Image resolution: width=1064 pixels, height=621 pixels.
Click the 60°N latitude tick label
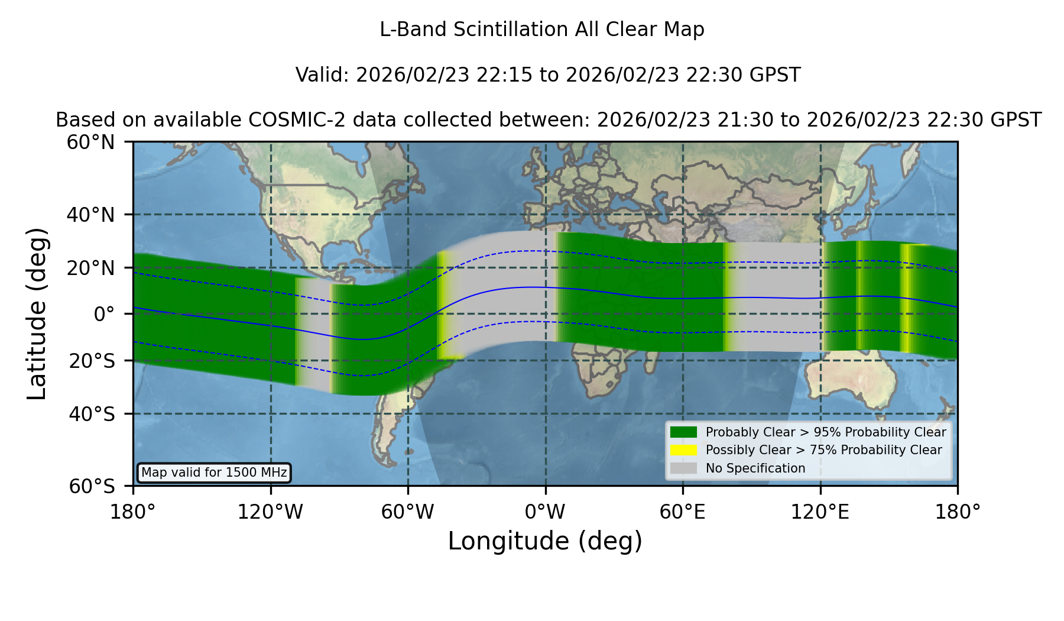(x=90, y=143)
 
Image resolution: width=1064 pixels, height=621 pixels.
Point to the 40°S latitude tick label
(x=92, y=414)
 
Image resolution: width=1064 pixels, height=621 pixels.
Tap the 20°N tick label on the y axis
(x=90, y=268)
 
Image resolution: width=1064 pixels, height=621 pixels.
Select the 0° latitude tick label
(x=104, y=314)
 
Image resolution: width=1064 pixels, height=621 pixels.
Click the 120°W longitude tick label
(x=270, y=512)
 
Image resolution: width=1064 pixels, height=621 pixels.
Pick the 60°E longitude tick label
(x=683, y=512)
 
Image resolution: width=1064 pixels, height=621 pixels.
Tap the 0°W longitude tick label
(x=545, y=512)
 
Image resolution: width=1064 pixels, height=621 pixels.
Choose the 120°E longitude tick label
(x=820, y=512)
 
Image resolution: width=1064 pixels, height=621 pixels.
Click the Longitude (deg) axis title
(x=545, y=541)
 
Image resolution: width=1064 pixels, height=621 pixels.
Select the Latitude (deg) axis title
(x=37, y=313)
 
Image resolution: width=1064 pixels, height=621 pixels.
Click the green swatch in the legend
(x=683, y=432)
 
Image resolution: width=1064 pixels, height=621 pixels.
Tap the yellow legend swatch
(x=683, y=450)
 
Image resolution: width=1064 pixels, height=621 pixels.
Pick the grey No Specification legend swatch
(x=683, y=468)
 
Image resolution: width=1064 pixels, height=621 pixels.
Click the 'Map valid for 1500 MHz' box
(x=214, y=473)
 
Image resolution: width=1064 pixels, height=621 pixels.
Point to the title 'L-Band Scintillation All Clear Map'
(x=542, y=30)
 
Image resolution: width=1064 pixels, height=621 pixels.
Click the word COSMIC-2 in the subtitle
(x=288, y=120)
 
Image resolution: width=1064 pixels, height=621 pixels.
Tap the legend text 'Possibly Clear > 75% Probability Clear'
(x=824, y=450)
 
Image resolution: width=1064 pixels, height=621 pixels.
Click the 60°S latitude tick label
(x=92, y=486)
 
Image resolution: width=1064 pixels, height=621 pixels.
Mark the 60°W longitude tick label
(x=408, y=512)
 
